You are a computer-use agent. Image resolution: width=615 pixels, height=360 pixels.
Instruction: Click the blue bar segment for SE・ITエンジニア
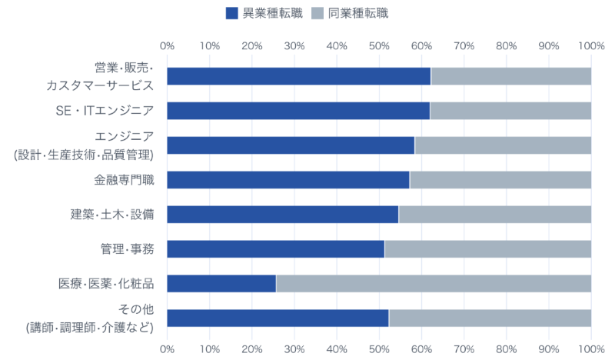(x=298, y=111)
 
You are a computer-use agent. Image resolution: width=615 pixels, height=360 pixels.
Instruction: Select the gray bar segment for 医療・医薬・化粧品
(x=434, y=283)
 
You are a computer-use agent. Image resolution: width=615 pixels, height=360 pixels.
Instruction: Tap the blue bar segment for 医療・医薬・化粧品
(x=221, y=283)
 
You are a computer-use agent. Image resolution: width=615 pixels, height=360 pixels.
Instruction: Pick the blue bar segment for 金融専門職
(x=288, y=180)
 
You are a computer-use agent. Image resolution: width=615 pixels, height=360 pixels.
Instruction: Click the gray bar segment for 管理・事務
(x=487, y=248)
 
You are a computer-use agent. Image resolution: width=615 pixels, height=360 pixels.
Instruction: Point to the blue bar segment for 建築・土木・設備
(x=283, y=215)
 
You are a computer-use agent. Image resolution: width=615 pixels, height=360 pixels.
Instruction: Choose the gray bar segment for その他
(x=490, y=318)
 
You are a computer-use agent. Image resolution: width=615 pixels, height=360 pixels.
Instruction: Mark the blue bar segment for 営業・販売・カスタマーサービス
(x=299, y=76)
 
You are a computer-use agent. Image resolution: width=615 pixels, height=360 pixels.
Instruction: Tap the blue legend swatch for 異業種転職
(x=232, y=13)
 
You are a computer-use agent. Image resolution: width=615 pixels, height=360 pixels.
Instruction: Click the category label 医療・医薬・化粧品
(x=107, y=283)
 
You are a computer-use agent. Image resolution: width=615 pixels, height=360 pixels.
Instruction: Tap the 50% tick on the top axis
(x=379, y=46)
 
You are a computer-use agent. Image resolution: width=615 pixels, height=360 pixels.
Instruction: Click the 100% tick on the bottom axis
(x=590, y=348)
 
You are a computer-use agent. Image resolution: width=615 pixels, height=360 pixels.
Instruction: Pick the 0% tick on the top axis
(x=167, y=46)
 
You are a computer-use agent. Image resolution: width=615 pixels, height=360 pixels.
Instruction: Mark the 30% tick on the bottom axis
(x=294, y=348)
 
